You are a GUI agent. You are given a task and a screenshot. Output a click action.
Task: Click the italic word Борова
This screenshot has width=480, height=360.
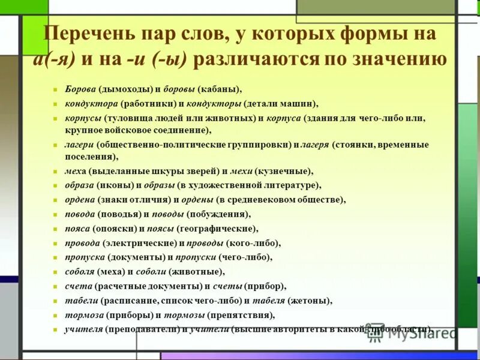click(80, 89)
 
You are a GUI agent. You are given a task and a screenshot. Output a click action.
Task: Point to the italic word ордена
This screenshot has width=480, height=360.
click(80, 200)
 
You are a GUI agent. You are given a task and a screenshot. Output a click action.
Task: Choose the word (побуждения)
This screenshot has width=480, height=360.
click(218, 214)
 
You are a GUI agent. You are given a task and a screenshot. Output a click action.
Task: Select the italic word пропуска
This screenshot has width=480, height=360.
click(85, 257)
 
